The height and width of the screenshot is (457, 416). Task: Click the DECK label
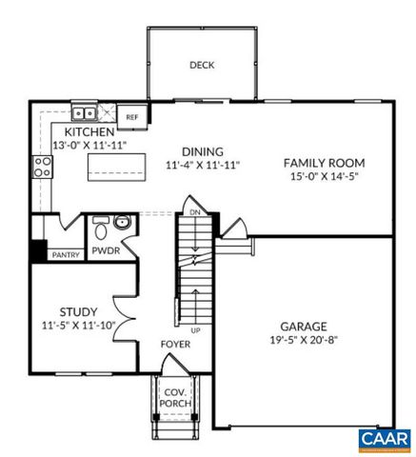click(201, 66)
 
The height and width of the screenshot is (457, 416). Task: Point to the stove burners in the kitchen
click(43, 168)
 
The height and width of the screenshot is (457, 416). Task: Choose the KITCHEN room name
click(89, 130)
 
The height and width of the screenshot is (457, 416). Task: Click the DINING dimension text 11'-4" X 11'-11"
click(202, 165)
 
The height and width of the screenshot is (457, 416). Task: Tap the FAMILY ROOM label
click(325, 163)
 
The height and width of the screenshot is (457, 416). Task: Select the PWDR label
click(105, 252)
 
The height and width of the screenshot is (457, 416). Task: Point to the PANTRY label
click(65, 254)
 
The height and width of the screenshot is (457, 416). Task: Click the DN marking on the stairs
click(194, 212)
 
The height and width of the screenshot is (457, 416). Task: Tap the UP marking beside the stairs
click(196, 329)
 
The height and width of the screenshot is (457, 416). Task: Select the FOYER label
click(174, 344)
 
